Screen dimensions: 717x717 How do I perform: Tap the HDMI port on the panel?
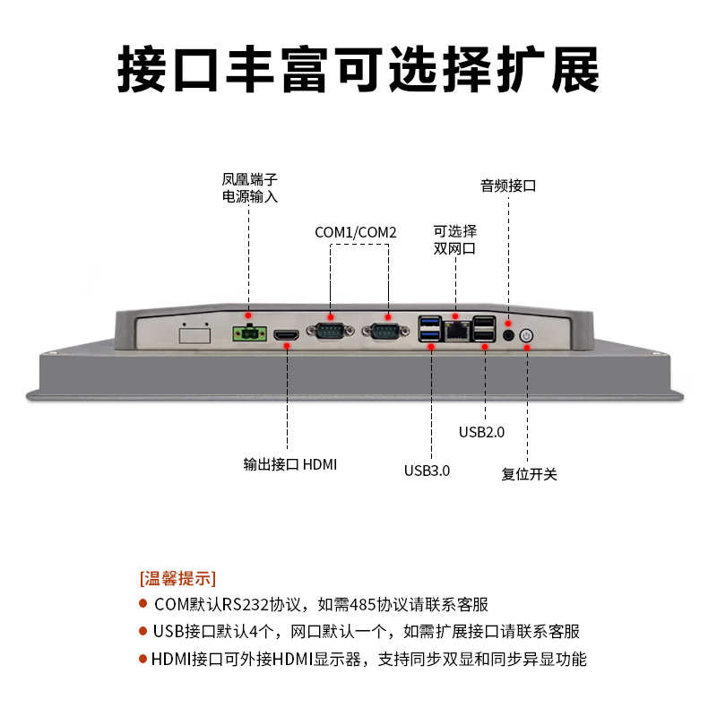coord(287,336)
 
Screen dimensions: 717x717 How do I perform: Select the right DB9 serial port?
coord(386,333)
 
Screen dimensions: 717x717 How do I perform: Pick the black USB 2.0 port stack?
coord(485,331)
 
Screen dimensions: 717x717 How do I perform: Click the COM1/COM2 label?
coord(356,232)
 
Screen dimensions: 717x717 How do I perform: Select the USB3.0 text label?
coord(427,470)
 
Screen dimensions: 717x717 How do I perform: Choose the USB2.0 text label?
coord(481,431)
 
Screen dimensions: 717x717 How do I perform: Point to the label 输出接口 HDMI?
coord(289,464)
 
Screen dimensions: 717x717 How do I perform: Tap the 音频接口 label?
coord(508,186)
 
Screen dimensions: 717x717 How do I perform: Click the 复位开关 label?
coord(529,473)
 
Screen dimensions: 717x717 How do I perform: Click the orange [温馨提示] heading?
coord(177,576)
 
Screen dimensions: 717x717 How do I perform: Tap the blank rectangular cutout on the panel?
coord(194,336)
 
